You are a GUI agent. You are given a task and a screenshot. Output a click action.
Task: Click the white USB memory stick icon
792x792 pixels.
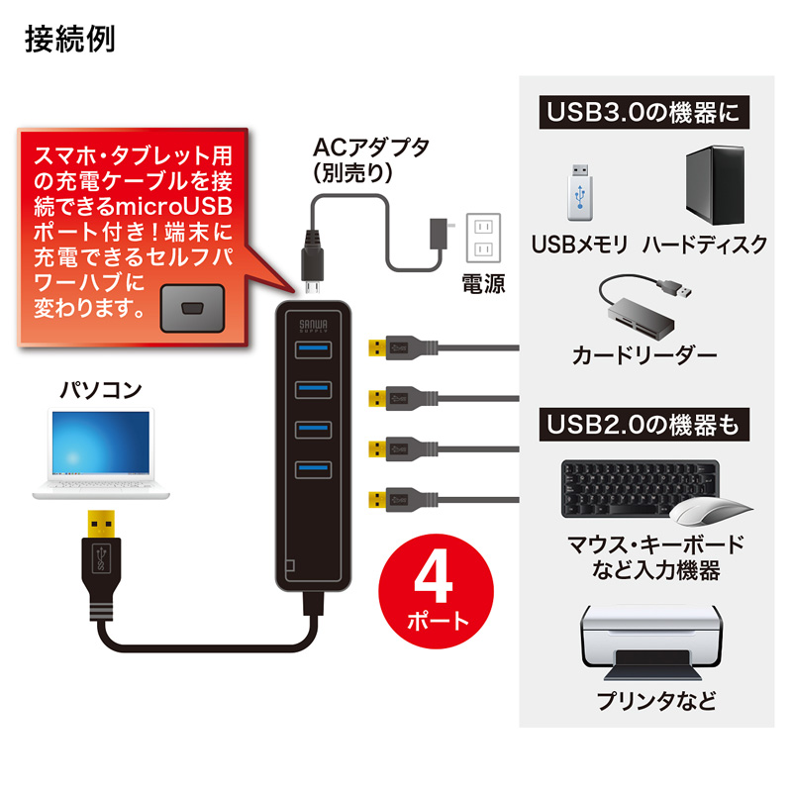coord(579,192)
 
